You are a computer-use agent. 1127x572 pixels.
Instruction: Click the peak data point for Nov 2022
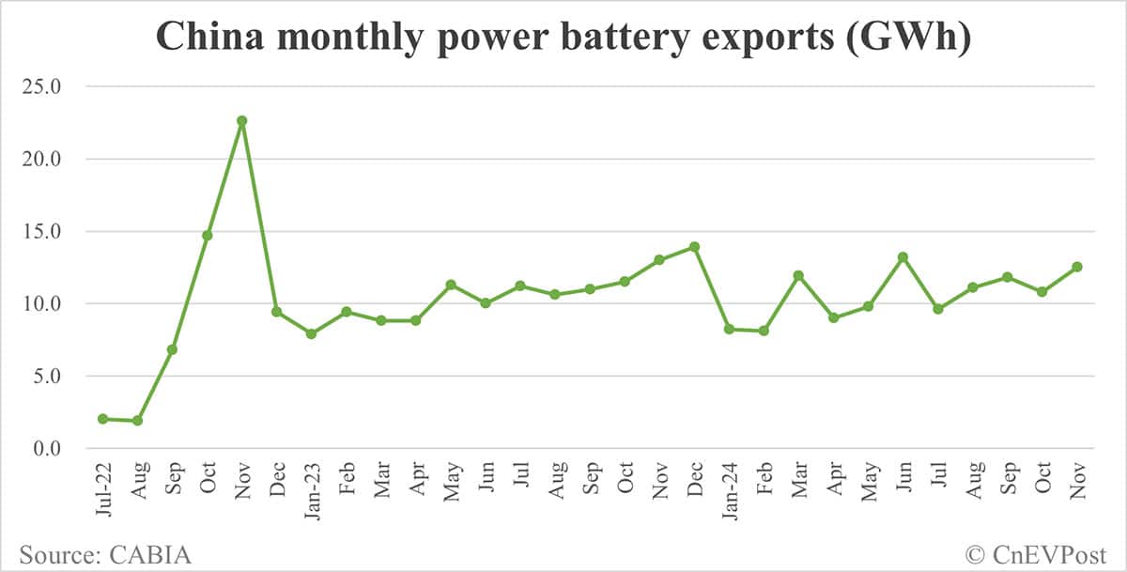(241, 120)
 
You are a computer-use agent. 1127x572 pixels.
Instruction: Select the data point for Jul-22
(102, 419)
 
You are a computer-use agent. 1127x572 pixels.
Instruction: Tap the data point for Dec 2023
(694, 247)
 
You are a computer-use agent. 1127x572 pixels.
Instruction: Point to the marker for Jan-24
(729, 329)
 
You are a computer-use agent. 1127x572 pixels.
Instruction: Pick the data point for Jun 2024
(903, 256)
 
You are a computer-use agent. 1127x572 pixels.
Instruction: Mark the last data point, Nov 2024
(1076, 267)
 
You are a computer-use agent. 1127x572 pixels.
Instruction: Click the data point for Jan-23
(311, 333)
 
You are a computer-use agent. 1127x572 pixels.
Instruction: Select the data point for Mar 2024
(798, 275)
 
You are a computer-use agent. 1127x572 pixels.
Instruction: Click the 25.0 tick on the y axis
(44, 86)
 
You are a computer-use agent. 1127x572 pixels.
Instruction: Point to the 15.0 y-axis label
(44, 231)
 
